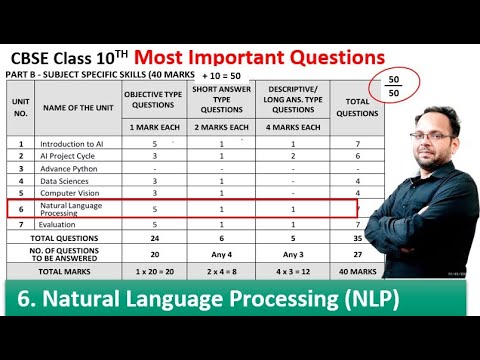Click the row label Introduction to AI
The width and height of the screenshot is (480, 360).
click(72, 144)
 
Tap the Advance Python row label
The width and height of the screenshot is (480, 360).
click(69, 168)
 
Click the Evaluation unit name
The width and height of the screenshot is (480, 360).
click(60, 226)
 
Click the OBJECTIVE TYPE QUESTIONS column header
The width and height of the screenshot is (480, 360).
click(154, 98)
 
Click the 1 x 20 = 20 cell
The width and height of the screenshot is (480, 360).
click(154, 271)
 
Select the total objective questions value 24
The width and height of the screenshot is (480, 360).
click(154, 239)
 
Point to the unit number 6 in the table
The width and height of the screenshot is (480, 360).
click(20, 209)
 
